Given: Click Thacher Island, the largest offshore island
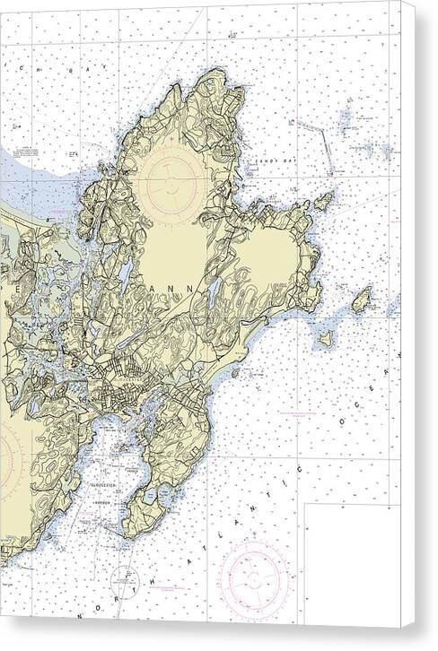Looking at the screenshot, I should (x=361, y=300).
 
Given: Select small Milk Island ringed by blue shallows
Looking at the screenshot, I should (x=325, y=339).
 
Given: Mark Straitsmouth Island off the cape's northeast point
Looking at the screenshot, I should (x=323, y=202).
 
